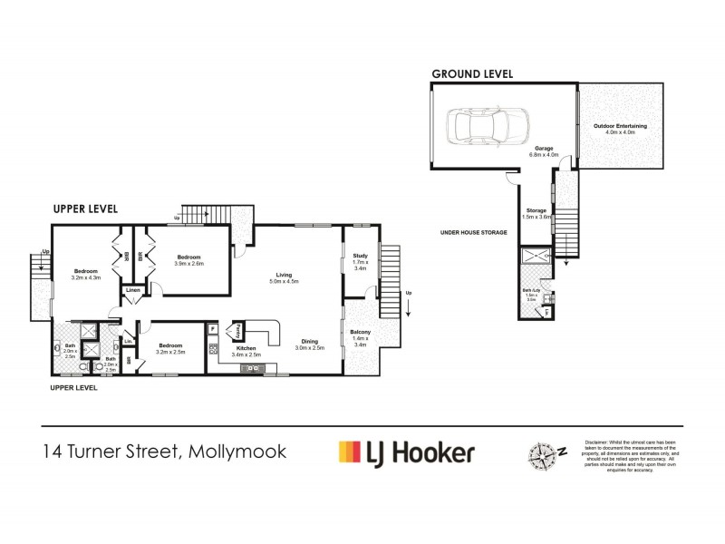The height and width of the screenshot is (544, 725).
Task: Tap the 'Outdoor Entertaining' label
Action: click(614, 130)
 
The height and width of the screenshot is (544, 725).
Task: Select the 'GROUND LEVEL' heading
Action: click(472, 73)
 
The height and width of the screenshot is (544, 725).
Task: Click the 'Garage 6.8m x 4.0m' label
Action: click(543, 151)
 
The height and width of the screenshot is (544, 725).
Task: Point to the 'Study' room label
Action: click(359, 258)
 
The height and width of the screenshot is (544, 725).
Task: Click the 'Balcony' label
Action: click(360, 335)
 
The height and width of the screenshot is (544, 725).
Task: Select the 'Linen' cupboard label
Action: click(133, 291)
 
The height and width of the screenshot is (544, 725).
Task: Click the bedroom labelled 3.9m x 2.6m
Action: click(190, 259)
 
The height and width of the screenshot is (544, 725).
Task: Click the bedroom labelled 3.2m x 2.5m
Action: click(171, 348)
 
